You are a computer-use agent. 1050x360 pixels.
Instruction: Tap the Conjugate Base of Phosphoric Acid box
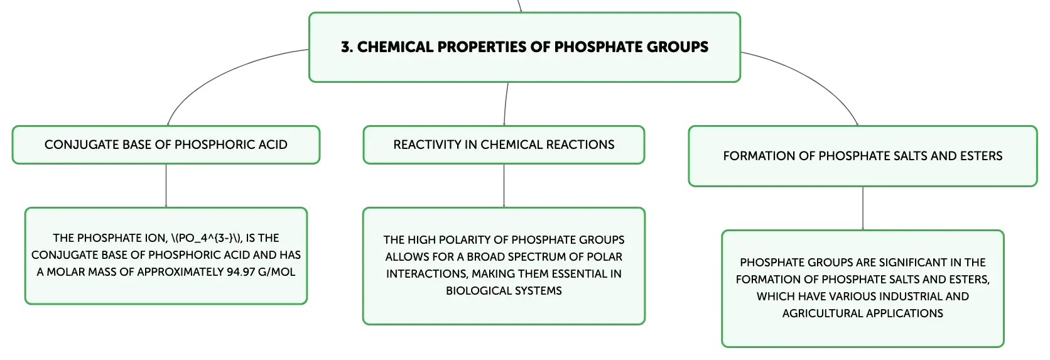click(166, 145)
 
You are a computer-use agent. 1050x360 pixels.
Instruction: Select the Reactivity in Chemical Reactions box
click(504, 145)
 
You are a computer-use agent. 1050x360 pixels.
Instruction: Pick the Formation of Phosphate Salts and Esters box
click(862, 156)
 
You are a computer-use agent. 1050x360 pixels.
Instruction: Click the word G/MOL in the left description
click(276, 272)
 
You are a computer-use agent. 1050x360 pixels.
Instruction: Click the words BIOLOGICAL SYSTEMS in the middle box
click(504, 291)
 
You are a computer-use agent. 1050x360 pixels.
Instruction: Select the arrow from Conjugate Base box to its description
click(166, 185)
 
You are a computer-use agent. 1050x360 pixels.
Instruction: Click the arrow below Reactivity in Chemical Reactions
click(504, 185)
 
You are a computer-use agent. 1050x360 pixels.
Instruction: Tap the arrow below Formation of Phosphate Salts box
click(862, 208)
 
